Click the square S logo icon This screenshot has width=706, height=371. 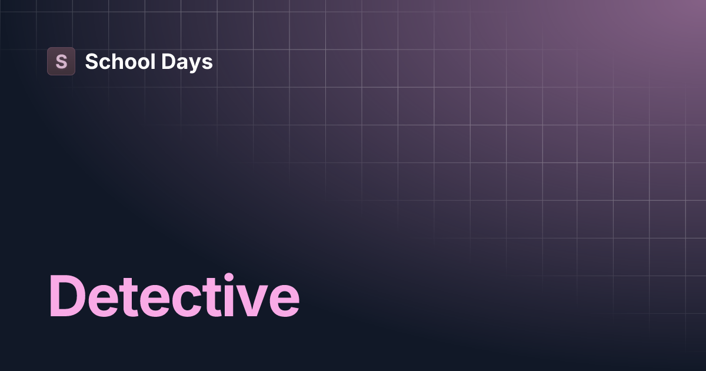point(61,61)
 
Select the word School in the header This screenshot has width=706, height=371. point(119,61)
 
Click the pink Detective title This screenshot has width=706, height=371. point(174,296)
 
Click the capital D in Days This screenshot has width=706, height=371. point(166,61)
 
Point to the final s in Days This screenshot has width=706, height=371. point(207,63)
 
